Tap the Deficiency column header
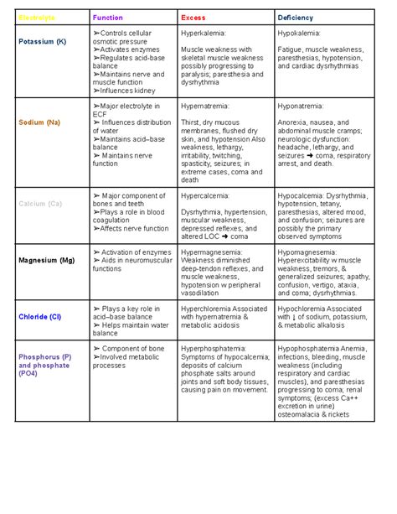click(x=296, y=17)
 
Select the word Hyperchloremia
click(x=210, y=308)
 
